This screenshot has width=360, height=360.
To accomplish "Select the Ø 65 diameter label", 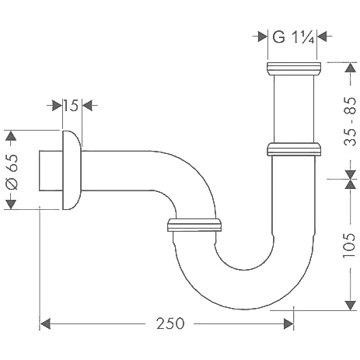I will [12, 170].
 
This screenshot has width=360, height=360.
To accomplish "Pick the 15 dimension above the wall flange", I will [72, 106].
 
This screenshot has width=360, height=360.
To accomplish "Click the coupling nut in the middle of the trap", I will [196, 226].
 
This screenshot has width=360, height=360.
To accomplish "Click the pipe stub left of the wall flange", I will [50, 170].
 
